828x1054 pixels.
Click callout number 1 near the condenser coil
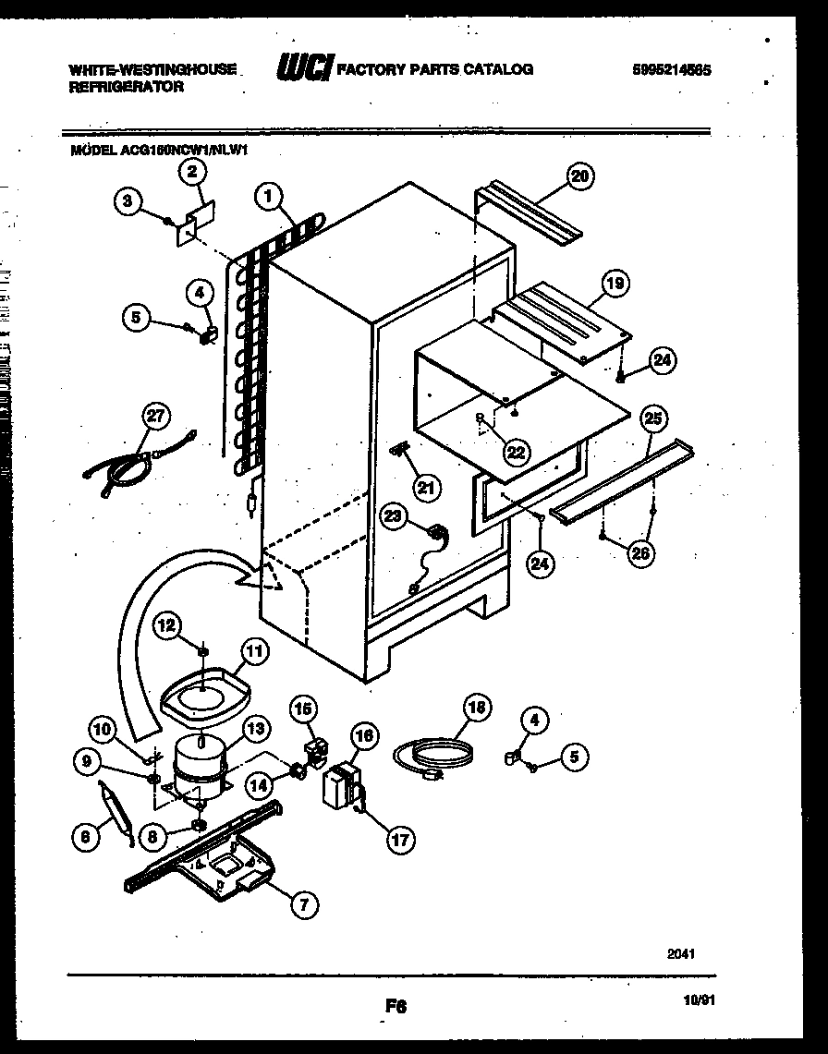[x=268, y=195]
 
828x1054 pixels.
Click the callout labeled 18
[x=476, y=709]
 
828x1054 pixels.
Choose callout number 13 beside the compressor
[x=256, y=729]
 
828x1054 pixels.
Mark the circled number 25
[x=653, y=419]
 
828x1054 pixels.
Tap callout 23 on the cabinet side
[x=395, y=518]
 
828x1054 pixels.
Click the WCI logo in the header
[x=304, y=69]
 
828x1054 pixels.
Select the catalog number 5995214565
[x=673, y=69]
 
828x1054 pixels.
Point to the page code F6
[x=396, y=1008]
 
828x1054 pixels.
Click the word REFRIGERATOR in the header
[x=127, y=86]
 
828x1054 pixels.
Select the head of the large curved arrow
[x=263, y=576]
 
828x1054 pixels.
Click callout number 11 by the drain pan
[x=255, y=651]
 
